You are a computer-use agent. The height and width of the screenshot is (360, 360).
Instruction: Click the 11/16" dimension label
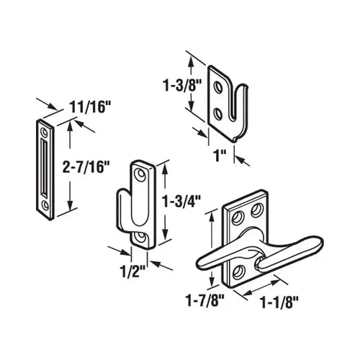click(90, 107)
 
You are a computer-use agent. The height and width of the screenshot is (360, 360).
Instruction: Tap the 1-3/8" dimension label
click(182, 85)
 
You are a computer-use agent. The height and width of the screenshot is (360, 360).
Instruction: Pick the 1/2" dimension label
click(132, 271)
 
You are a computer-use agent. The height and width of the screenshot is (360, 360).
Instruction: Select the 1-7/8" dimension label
click(205, 300)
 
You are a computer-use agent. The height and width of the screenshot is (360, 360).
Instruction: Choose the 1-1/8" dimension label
click(279, 302)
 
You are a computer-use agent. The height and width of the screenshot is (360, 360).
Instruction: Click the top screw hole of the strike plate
click(44, 132)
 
